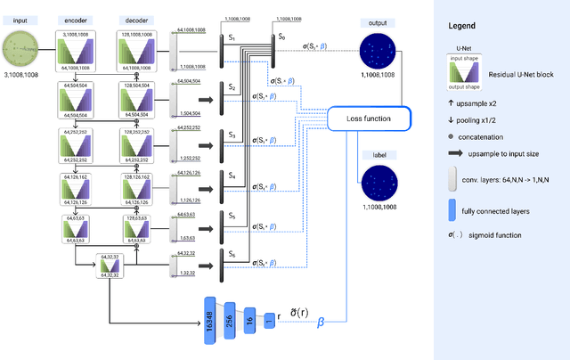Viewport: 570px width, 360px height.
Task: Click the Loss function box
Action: point(368,119)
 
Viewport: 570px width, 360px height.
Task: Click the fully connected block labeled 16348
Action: point(211,318)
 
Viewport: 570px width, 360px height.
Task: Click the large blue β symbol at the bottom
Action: point(322,325)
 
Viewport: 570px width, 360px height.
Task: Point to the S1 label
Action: point(232,38)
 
